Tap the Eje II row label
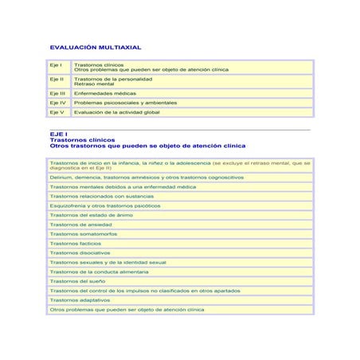pyautogui.click(x=57, y=79)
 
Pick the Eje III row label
pyautogui.click(x=58, y=93)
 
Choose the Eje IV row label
pyautogui.click(x=58, y=103)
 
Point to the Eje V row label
pyautogui.click(x=57, y=112)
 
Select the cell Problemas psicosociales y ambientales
pyautogui.click(x=125, y=103)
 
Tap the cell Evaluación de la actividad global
pyautogui.click(x=116, y=112)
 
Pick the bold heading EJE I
pyautogui.click(x=58, y=135)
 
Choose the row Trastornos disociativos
pyautogui.click(x=80, y=252)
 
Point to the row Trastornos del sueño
pyautogui.click(x=78, y=281)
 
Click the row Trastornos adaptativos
pyautogui.click(x=80, y=300)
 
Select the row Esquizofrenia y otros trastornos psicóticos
pyautogui.click(x=104, y=205)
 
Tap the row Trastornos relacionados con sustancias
pyautogui.click(x=101, y=196)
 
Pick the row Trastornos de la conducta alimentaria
pyautogui.click(x=99, y=272)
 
